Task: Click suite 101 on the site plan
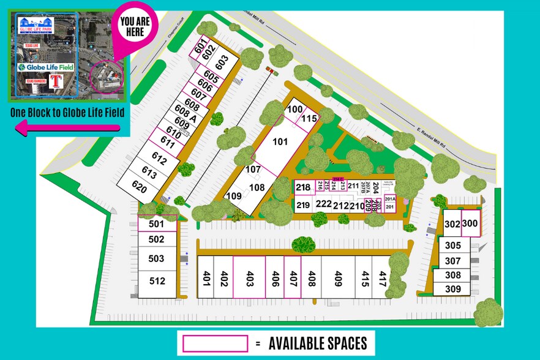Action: (279, 142)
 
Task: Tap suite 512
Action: (157, 281)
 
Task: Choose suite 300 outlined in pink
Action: (470, 224)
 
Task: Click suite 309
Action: (452, 288)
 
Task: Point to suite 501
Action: (157, 223)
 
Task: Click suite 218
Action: (303, 187)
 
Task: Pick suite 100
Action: (295, 109)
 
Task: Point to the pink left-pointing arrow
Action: (67, 127)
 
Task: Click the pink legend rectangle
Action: (216, 343)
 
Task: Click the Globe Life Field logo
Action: (45, 67)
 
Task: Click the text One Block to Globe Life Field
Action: (67, 112)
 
